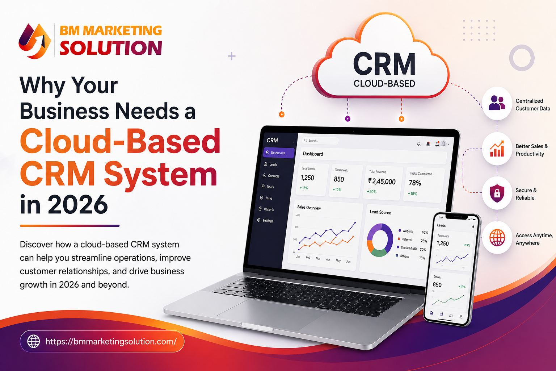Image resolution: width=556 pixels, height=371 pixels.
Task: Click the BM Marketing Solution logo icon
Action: point(35,41)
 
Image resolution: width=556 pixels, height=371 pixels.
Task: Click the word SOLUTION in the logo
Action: point(111,48)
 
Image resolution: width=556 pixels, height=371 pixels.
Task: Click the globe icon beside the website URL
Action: point(34,341)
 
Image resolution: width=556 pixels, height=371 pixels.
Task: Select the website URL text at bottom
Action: point(111,341)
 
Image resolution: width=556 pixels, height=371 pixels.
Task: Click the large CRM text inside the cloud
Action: point(384,64)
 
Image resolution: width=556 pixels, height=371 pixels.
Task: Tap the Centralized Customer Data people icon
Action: point(497,103)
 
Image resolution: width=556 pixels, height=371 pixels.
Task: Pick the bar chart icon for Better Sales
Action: point(497,149)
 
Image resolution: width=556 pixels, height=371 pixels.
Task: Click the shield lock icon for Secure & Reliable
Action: point(497,193)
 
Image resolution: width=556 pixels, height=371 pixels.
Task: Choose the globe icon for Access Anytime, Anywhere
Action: point(497,238)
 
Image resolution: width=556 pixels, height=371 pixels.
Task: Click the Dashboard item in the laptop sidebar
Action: point(278,153)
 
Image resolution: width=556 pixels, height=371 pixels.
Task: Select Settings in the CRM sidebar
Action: point(268,221)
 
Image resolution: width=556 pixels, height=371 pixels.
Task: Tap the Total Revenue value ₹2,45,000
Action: point(382,182)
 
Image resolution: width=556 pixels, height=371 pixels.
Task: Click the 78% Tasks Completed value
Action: point(415,183)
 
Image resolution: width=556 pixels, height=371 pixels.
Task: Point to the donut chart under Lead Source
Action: point(380,240)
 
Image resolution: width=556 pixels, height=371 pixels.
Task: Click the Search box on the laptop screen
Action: point(320,141)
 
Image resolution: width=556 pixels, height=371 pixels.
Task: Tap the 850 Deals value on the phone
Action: point(437,285)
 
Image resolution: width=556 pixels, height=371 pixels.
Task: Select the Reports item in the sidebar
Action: point(269,209)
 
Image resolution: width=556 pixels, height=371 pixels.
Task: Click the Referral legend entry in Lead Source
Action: point(407,239)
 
